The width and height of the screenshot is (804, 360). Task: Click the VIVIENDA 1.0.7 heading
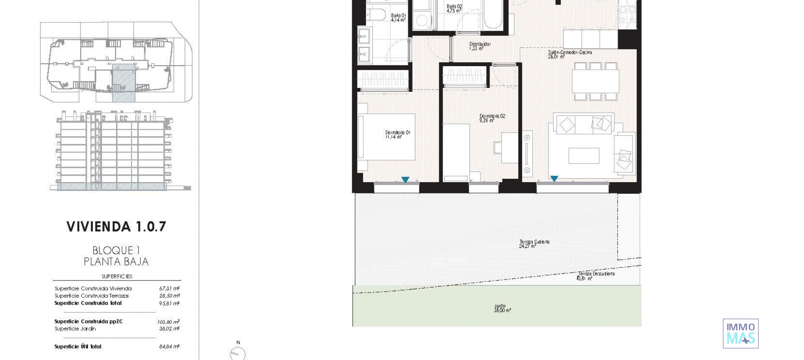point(116,227)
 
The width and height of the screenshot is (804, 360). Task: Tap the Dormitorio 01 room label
point(397,134)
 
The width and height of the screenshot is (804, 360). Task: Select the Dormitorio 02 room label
point(492,118)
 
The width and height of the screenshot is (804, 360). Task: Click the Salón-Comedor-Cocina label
point(569,54)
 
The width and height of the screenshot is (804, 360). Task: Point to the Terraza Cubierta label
point(534,244)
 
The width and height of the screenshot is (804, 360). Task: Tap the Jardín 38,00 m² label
point(502,309)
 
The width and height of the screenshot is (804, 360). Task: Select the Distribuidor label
point(479,46)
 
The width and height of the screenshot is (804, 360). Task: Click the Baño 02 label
point(454,8)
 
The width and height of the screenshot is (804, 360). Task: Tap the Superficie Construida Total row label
point(88,303)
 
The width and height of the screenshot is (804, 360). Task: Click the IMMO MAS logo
point(740,333)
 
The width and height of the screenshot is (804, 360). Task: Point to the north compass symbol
point(238,352)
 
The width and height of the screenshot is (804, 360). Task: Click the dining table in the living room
point(595,82)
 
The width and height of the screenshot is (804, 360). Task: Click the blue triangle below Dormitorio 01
point(405,180)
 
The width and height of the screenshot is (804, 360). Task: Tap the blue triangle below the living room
point(554,179)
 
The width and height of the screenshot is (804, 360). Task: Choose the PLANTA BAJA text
point(116,262)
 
